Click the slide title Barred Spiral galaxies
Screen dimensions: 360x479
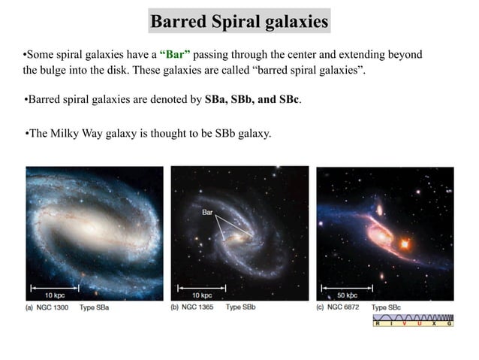[x=239, y=22]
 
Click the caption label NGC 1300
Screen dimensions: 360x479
[x=56, y=307]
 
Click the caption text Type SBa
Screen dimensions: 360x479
[x=95, y=307]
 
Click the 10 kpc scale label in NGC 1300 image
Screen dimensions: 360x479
[x=54, y=295]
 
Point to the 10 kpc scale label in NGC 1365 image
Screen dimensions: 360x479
[x=199, y=295]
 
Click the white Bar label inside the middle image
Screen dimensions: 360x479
[x=208, y=213]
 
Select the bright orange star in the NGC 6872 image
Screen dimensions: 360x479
[x=406, y=244]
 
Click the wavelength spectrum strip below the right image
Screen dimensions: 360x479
[x=414, y=321]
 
